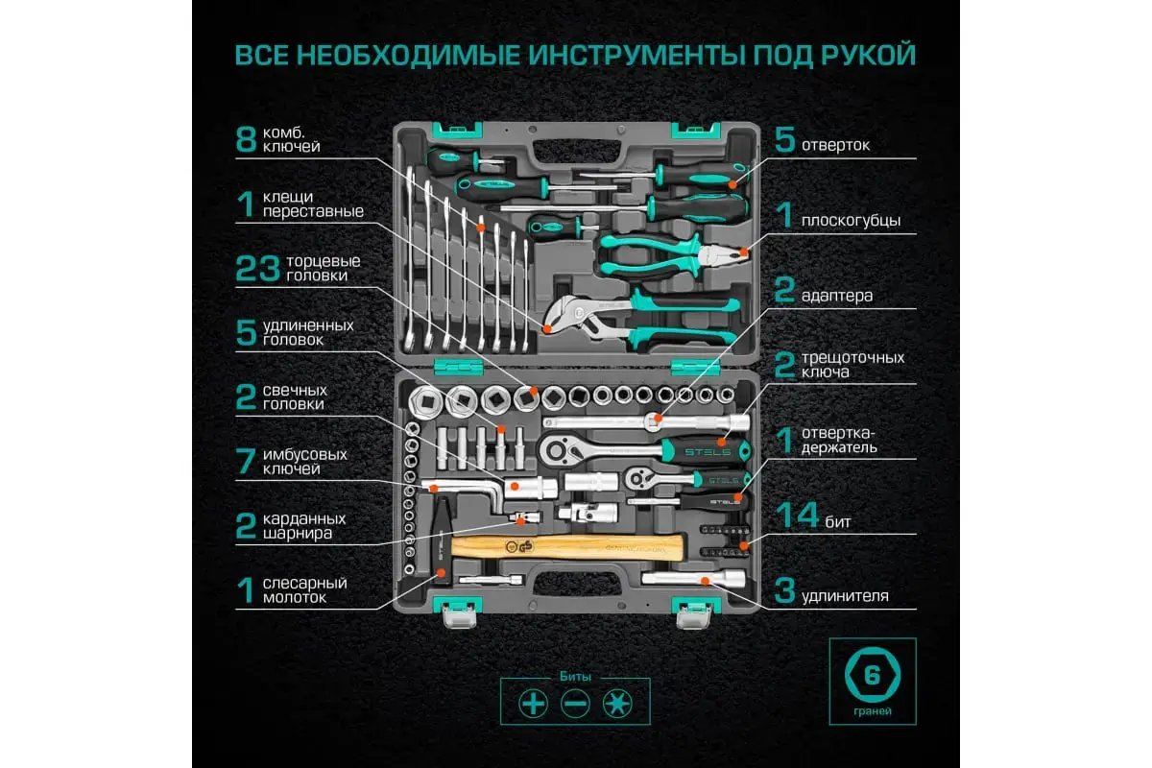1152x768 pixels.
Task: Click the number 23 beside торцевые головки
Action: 256,269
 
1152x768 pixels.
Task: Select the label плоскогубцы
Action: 851,220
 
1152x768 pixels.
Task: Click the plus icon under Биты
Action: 532,704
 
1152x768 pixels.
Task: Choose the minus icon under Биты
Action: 574,704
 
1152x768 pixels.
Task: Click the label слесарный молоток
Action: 305,589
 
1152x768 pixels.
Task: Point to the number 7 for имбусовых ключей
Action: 246,462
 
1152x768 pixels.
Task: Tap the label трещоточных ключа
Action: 852,365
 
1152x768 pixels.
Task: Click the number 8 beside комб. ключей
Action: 246,139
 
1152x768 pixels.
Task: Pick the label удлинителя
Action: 844,596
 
